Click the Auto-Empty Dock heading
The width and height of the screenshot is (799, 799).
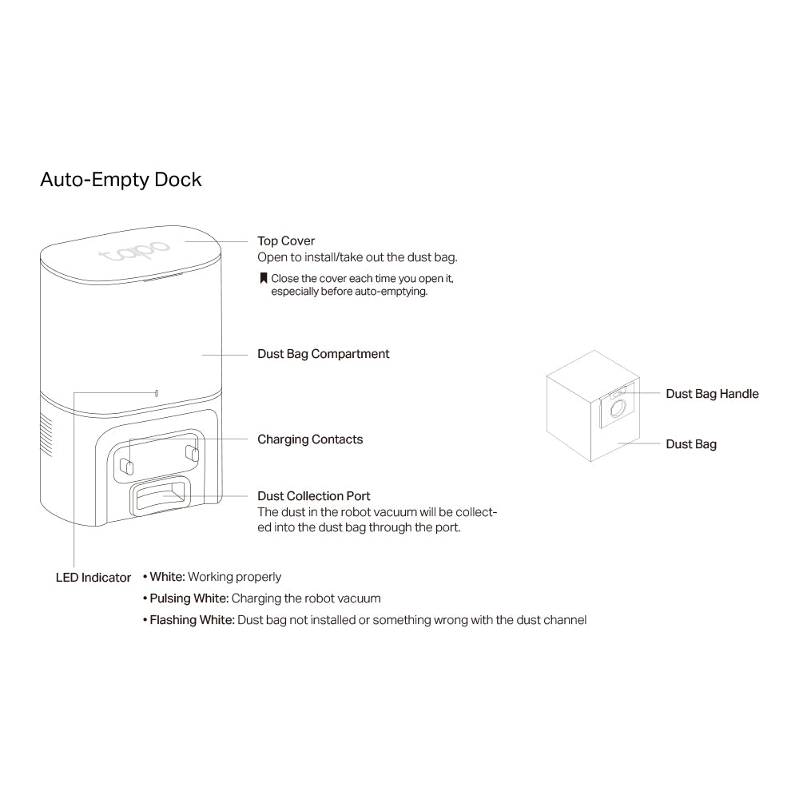121,180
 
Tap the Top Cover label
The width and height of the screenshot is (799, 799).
286,241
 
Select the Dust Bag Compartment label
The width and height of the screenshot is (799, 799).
323,354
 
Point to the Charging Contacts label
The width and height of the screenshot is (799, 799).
310,439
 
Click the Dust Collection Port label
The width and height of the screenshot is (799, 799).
313,496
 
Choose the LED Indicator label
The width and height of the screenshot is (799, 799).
93,578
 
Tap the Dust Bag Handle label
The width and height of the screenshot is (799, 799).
712,394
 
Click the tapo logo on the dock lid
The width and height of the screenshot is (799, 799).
134,250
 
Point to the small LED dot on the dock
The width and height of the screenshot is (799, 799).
157,393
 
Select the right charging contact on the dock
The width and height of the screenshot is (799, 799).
192,452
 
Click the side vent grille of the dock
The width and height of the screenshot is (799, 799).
46,435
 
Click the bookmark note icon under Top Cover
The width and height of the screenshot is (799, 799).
264,278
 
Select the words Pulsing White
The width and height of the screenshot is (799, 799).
189,598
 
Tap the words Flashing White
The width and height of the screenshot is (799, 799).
192,620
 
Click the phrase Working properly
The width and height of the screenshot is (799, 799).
234,578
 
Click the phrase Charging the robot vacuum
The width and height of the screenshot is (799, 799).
306,598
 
